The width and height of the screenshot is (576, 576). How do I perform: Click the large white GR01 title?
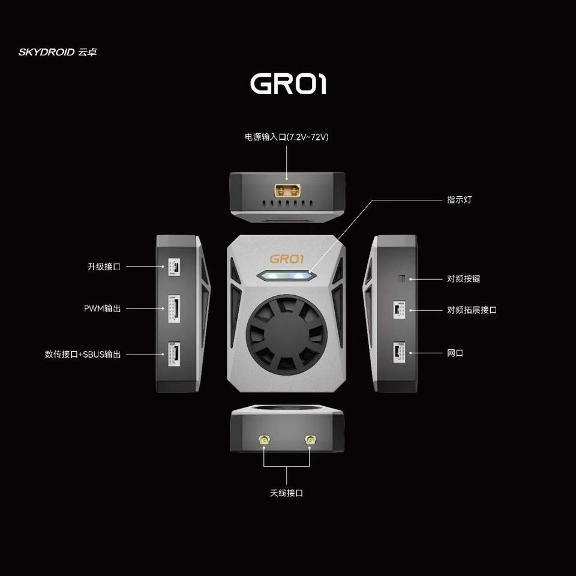click(289, 84)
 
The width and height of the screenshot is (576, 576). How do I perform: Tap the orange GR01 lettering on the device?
click(287, 259)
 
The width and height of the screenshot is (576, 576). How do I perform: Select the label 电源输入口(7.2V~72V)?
click(287, 137)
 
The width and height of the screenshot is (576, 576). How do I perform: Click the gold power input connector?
click(287, 191)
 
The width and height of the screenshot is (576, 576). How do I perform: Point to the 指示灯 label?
click(459, 200)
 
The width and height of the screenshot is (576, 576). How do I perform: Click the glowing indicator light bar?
click(287, 275)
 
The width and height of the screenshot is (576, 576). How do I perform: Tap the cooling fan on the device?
click(287, 335)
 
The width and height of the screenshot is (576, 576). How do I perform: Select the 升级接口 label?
click(104, 266)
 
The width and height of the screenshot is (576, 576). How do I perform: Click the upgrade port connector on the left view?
click(174, 267)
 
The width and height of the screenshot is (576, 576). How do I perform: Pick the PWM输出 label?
click(103, 308)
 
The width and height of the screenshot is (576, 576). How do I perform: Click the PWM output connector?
click(174, 308)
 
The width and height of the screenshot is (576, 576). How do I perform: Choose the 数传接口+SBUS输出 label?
click(83, 354)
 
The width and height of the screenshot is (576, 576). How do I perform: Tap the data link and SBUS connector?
click(174, 354)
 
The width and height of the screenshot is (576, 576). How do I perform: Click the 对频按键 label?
click(464, 279)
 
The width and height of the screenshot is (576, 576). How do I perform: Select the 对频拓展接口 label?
click(472, 310)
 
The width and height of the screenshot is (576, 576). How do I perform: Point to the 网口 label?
click(455, 353)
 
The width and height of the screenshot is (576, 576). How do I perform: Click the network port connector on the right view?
click(400, 353)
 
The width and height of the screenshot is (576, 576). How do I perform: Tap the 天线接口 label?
click(287, 493)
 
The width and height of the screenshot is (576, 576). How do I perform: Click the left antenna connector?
click(264, 439)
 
